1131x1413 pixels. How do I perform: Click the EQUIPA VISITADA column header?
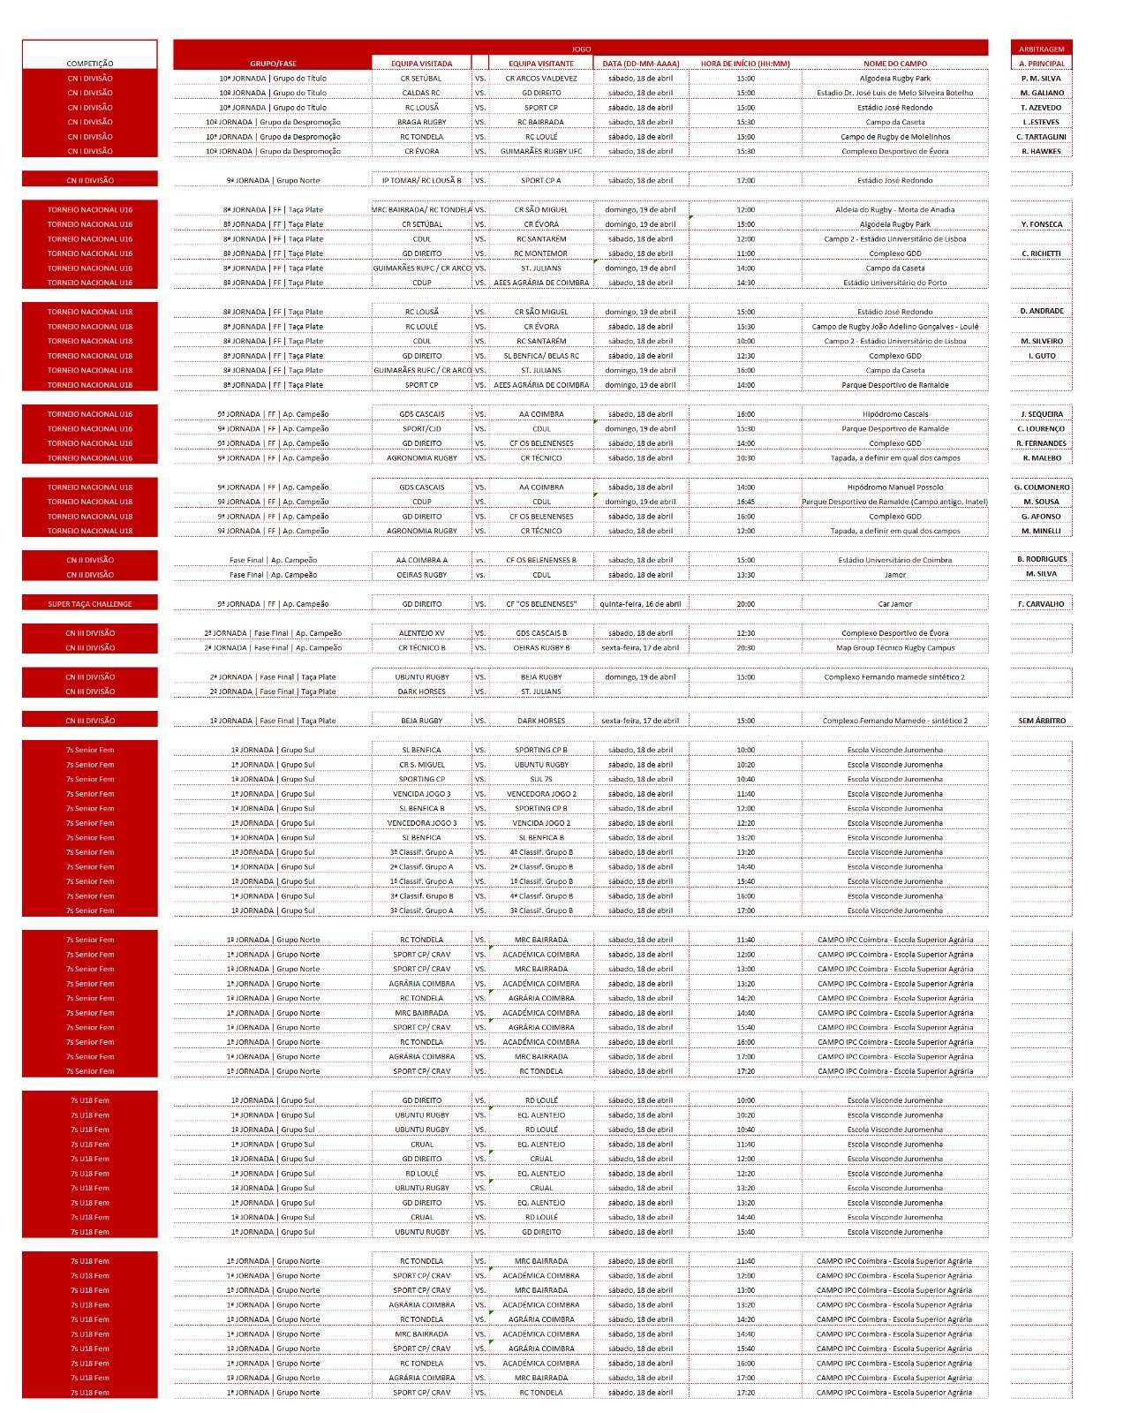coord(421,64)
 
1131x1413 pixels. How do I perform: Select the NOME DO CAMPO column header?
coord(894,64)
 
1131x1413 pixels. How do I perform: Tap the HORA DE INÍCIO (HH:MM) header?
coord(745,64)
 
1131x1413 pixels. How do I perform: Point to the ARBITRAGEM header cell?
coord(1041,49)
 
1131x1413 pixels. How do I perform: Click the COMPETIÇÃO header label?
coord(90,64)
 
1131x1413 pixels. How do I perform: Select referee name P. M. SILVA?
coord(1041,79)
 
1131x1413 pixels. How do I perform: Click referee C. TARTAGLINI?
coord(1041,137)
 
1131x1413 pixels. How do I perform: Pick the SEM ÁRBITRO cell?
coord(1041,721)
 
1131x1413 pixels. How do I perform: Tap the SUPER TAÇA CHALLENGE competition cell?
coord(90,604)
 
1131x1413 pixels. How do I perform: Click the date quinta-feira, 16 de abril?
coord(640,604)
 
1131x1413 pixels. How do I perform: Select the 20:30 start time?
coord(745,647)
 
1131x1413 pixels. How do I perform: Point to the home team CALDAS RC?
coord(421,93)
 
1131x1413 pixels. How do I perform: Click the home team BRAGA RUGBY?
coord(421,122)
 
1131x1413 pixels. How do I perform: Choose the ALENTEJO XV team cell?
coord(421,633)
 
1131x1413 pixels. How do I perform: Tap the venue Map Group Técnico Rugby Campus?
coord(894,647)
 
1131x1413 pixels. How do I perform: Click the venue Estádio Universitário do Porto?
coord(894,283)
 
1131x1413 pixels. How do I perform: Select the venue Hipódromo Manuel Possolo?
coord(894,487)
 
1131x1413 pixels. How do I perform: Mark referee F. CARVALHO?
coord(1041,604)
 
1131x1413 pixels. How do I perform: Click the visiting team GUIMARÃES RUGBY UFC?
coord(541,151)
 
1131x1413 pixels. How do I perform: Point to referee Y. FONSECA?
coord(1041,224)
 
